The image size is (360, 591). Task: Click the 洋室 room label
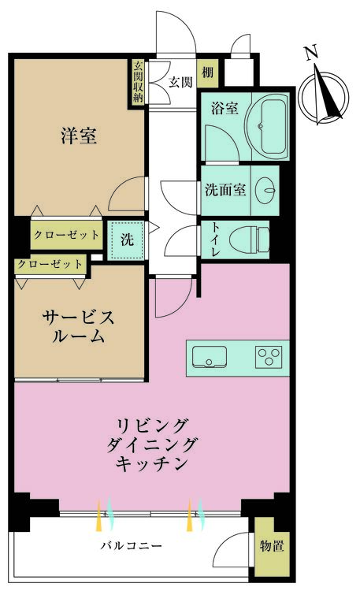(x=78, y=136)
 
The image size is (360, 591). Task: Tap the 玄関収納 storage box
(x=139, y=83)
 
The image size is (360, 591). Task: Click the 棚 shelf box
(x=207, y=74)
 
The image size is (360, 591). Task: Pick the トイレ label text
(x=214, y=239)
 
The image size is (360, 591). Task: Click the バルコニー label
(x=131, y=545)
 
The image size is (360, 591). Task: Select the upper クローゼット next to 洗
(x=66, y=235)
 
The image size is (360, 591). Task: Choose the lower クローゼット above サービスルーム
(x=49, y=265)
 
